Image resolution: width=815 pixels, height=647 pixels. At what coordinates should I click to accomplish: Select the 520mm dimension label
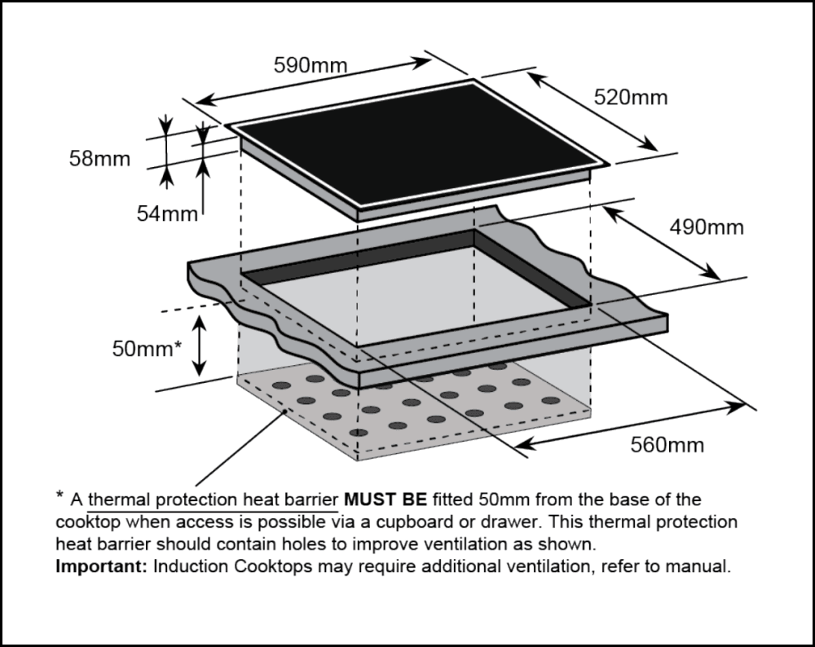630,98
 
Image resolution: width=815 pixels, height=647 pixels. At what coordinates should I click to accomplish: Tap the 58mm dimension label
99,158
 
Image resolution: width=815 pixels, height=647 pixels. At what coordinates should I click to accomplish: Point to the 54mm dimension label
167,213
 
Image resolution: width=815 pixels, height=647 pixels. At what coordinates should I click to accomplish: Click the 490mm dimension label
707,227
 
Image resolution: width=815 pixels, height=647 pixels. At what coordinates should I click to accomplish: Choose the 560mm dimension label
667,445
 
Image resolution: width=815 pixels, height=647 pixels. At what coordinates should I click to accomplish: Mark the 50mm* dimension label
147,349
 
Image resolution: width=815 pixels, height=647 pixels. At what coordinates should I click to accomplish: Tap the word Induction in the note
189,566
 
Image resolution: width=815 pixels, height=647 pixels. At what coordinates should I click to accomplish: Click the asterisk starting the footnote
59,495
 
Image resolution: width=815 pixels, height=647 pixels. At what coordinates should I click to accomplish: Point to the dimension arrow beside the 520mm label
592,112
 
